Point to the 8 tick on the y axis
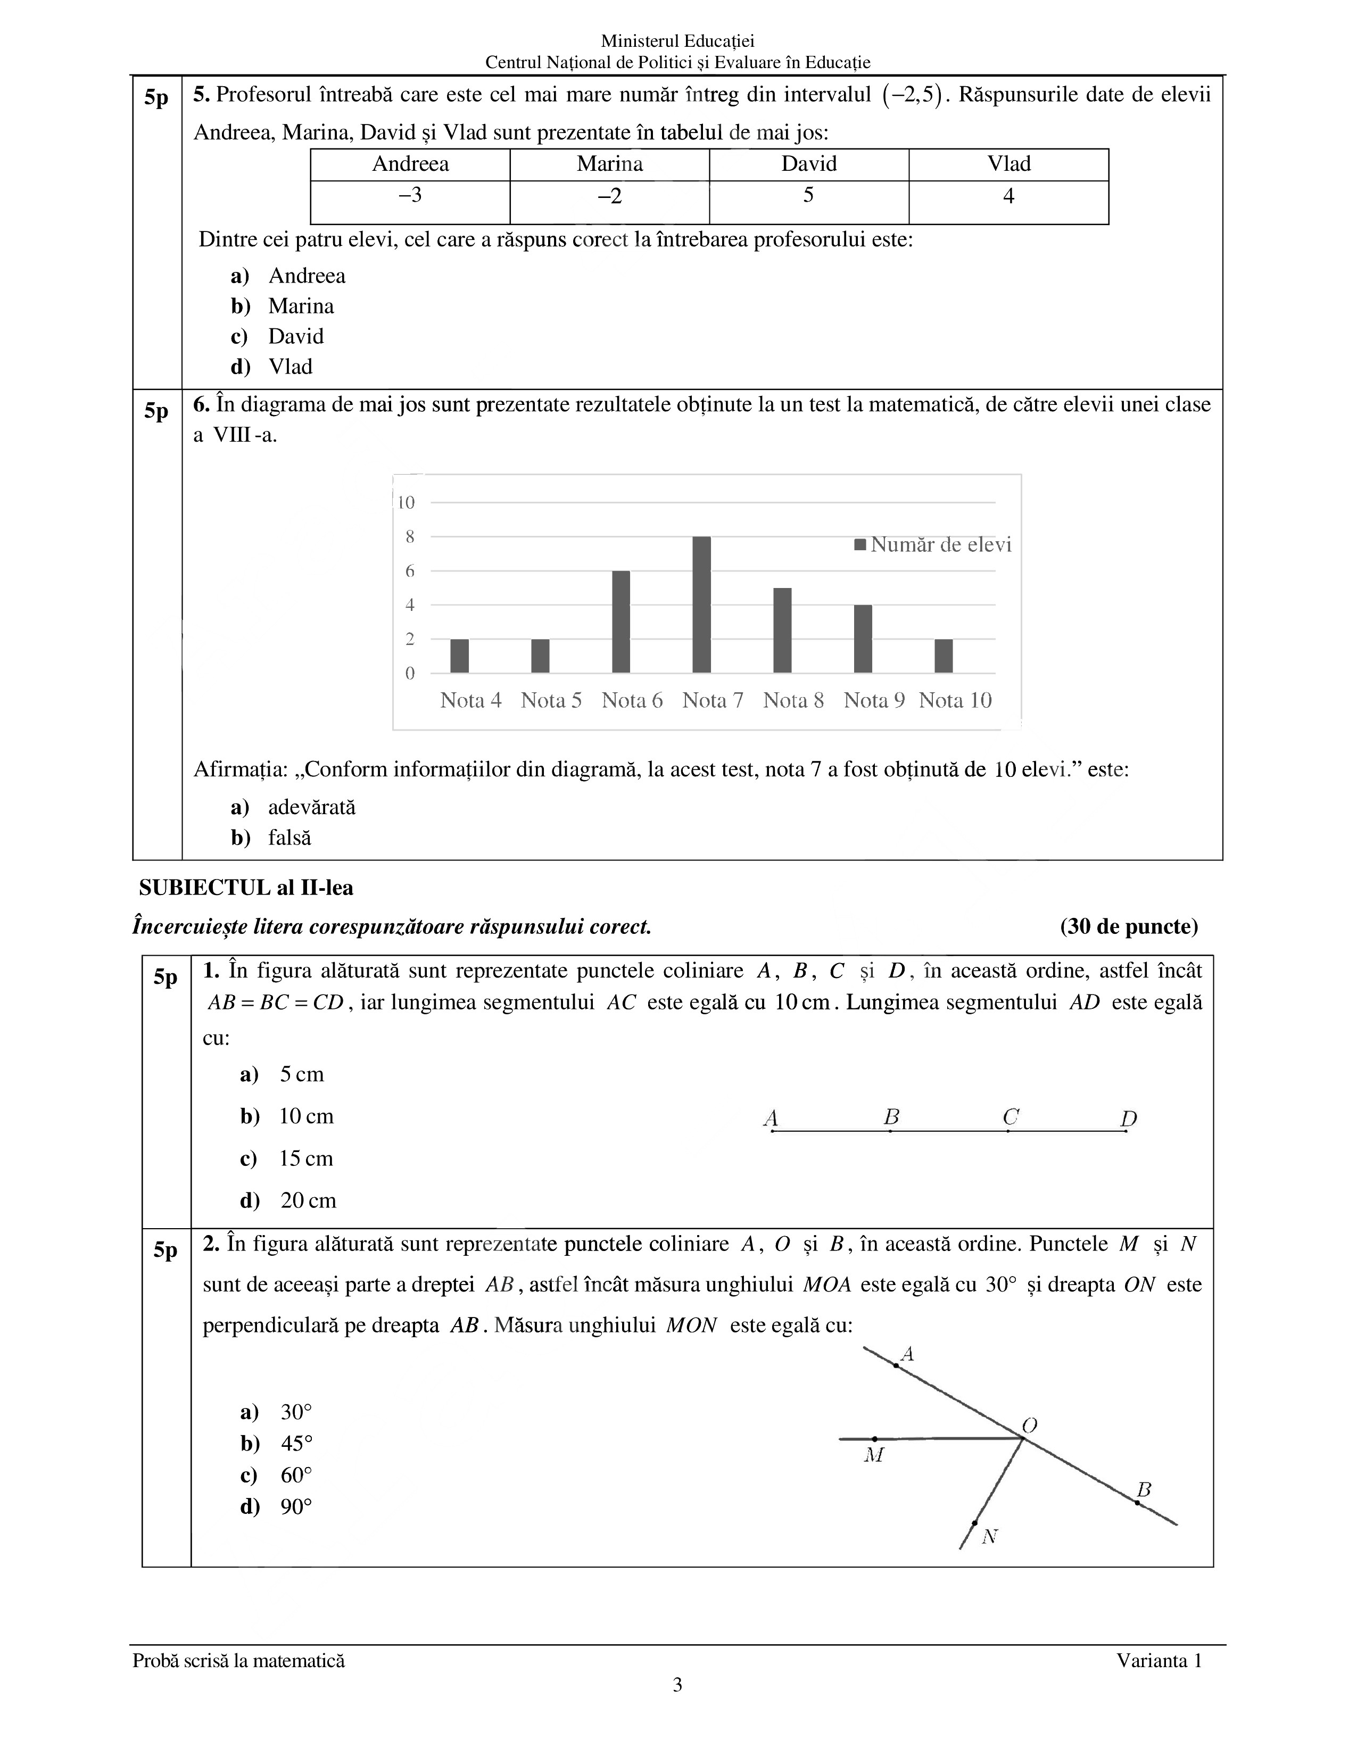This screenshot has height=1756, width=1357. coord(410,537)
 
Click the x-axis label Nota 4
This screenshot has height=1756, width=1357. coord(470,700)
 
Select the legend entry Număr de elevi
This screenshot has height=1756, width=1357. coord(932,545)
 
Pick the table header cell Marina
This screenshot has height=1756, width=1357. coord(609,164)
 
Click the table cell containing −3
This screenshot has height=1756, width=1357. coord(410,195)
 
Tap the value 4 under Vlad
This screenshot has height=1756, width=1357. coord(1008,195)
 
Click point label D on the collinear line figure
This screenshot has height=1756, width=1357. coord(1129,1119)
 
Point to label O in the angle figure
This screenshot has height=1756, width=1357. coord(1030,1426)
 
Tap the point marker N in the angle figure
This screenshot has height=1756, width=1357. coord(974,1523)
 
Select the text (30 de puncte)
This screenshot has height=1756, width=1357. coord(1129,927)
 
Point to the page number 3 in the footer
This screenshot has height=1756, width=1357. coord(677,1685)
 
